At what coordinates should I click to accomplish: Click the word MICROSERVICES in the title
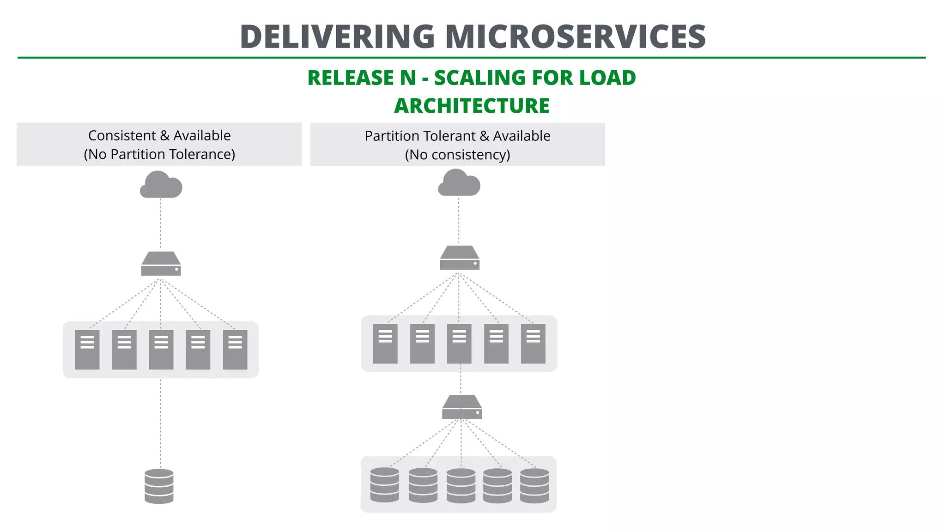click(575, 37)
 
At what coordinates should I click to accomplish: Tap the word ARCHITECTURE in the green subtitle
click(472, 106)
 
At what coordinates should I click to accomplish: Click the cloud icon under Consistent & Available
click(161, 185)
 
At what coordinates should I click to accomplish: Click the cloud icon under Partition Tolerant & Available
click(459, 183)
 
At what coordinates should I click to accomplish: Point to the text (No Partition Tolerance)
click(159, 154)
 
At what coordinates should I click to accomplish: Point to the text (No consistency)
click(457, 155)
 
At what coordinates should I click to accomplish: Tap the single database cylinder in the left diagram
click(159, 486)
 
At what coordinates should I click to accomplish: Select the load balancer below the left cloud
click(161, 264)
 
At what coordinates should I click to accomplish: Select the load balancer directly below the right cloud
click(459, 258)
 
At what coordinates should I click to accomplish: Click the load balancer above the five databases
click(461, 407)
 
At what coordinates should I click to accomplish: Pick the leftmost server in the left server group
click(87, 350)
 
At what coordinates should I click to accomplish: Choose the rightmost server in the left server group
click(235, 350)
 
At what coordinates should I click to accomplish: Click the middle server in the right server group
click(459, 344)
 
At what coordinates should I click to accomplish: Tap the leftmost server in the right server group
click(385, 344)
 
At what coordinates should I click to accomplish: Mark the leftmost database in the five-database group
click(384, 485)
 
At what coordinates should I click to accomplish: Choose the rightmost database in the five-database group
click(534, 486)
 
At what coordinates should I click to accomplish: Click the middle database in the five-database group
click(461, 486)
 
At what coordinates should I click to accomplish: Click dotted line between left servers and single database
click(161, 423)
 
